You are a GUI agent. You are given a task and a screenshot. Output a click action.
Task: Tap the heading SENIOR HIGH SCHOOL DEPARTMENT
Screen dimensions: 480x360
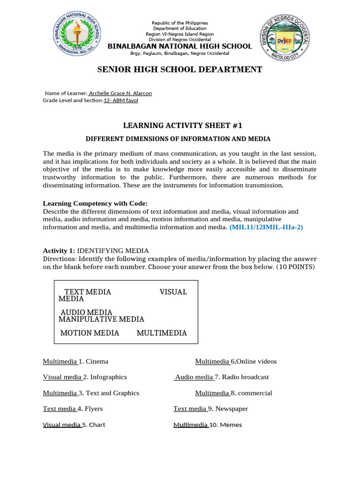[180, 70]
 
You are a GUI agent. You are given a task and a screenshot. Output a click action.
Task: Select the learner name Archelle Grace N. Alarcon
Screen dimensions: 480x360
[120, 93]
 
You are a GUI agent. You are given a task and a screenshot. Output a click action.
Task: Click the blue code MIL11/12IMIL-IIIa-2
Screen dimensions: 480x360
[266, 227]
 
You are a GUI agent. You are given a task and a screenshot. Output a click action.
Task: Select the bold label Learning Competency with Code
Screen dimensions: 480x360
[95, 203]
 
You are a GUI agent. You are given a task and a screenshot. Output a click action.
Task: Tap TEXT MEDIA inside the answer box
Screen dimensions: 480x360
[88, 292]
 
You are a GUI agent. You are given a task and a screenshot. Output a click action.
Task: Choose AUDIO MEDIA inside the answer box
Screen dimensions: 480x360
[86, 312]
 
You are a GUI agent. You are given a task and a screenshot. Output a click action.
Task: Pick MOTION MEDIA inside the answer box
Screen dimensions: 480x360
[90, 333]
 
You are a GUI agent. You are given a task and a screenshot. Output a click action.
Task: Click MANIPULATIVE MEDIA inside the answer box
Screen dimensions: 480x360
[101, 319]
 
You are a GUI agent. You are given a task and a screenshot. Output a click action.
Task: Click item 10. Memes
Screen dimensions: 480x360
[225, 425]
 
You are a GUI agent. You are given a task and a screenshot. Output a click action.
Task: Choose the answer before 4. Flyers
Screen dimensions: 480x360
[60, 409]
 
